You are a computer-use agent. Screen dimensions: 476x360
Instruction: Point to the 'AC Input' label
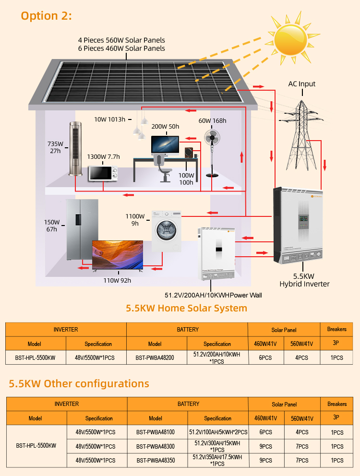302,84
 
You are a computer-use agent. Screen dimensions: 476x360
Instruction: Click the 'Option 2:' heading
46,15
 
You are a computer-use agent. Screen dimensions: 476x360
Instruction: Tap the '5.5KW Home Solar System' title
186,308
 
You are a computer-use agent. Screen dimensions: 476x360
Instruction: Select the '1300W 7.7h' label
103,156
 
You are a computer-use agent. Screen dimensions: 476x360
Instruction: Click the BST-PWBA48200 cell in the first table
155,358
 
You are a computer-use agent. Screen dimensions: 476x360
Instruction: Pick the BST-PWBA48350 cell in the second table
155,460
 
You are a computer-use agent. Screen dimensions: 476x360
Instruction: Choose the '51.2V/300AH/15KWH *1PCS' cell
217,446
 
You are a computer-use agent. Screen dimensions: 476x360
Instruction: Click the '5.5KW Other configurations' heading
79,384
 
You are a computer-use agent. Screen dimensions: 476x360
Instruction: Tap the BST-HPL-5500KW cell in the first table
35,358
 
